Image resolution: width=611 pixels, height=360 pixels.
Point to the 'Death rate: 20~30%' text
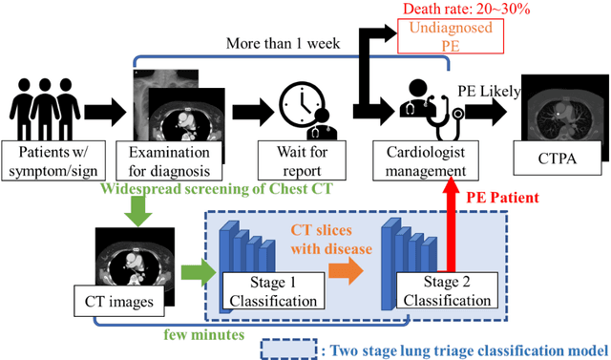click(469, 10)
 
